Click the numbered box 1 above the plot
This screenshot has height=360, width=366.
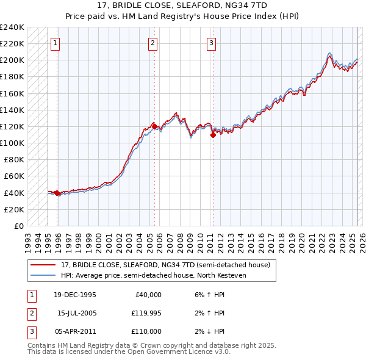(55, 43)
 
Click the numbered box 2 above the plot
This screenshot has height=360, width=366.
(152, 43)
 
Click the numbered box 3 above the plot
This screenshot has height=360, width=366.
(210, 43)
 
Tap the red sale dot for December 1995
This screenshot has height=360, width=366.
(57, 193)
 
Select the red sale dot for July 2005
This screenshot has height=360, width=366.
(154, 126)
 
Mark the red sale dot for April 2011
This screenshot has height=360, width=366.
(213, 135)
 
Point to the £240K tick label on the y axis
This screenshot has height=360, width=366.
(12, 27)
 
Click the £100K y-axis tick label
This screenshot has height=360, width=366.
(12, 143)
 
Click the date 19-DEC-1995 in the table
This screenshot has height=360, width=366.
(75, 295)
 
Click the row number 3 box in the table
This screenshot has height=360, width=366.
(30, 331)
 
